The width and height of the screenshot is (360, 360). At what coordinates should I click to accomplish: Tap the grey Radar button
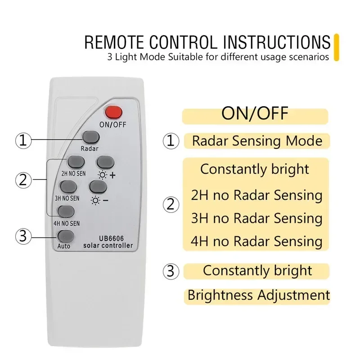90,136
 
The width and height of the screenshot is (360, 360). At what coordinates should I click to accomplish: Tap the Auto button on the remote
65,235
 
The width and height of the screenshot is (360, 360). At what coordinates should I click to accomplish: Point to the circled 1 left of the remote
23,141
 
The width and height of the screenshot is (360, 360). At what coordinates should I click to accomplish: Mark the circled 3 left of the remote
23,235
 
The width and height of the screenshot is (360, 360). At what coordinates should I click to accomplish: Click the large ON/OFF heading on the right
255,113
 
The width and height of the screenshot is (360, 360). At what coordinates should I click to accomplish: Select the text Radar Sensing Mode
257,141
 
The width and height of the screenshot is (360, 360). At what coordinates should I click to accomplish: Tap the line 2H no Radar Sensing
256,195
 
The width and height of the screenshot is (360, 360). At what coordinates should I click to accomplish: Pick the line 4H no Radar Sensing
256,241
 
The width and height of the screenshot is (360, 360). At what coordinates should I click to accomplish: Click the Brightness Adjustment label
258,295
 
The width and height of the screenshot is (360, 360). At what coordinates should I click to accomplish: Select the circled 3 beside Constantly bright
170,271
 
